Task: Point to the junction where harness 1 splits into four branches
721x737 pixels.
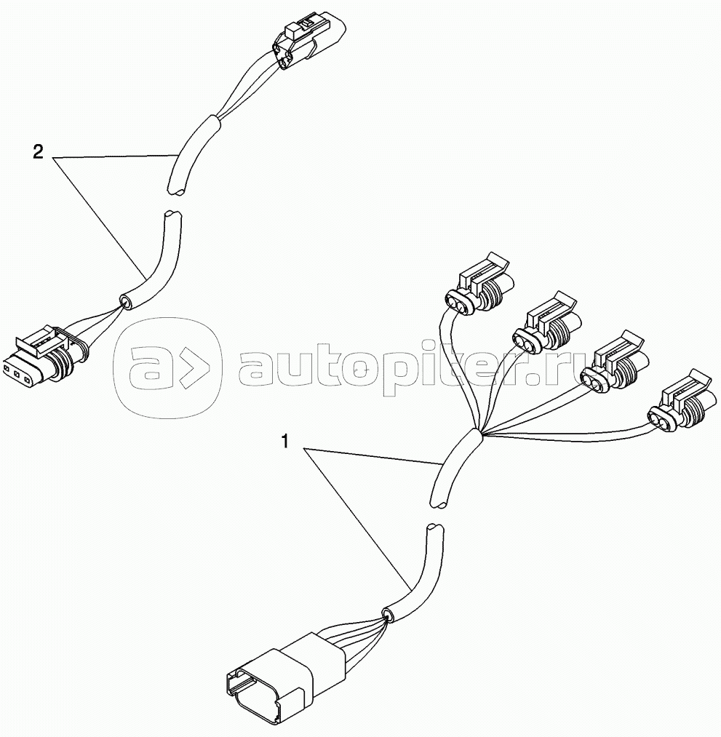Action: tap(477, 437)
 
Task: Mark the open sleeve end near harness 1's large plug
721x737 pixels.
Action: tap(388, 616)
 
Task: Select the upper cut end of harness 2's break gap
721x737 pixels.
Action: tap(177, 191)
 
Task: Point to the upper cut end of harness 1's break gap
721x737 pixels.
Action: tap(439, 501)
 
